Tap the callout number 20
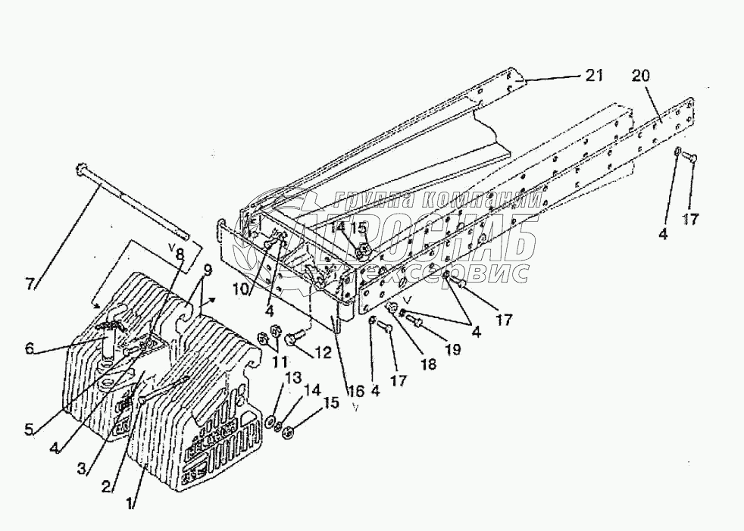[641, 77]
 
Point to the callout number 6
[30, 348]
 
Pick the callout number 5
[29, 429]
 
